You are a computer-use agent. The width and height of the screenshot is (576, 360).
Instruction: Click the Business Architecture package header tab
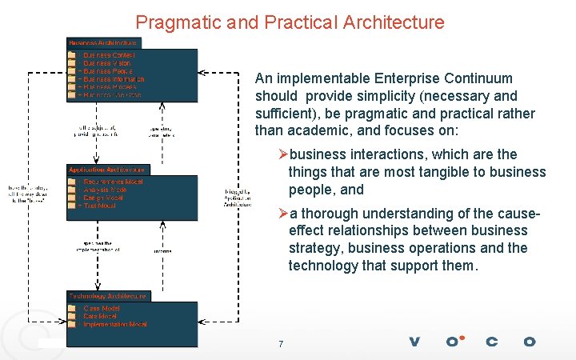[x=103, y=42]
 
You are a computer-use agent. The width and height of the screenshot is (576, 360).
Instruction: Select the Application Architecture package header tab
[x=106, y=170]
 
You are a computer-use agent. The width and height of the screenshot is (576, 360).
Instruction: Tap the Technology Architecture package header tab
[x=107, y=296]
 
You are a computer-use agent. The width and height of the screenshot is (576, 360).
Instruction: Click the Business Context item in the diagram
[x=109, y=55]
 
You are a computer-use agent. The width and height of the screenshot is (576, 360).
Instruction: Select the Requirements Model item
[x=113, y=182]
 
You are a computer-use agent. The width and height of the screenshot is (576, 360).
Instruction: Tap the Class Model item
[x=102, y=308]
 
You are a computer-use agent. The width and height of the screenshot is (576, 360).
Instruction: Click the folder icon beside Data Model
[x=72, y=316]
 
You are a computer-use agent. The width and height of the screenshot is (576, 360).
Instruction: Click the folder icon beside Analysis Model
[x=72, y=190]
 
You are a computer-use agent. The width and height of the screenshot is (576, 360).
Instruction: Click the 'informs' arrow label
[x=163, y=250]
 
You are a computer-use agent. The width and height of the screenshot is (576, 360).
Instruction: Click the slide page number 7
[x=281, y=344]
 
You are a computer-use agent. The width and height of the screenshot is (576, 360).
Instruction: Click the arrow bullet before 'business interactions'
[x=282, y=154]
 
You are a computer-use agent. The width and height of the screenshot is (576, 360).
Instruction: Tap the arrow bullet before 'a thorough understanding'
[x=282, y=214]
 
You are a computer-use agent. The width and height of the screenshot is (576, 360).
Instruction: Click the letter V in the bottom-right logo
[x=414, y=342]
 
